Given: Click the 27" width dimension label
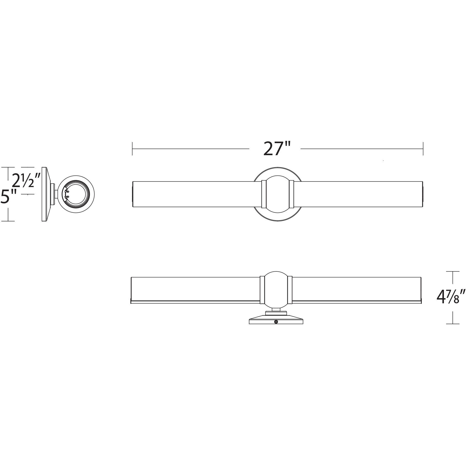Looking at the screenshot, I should tap(277, 149).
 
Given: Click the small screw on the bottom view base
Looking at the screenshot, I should tap(276, 322).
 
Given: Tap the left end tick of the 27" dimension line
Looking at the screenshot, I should tap(132, 149).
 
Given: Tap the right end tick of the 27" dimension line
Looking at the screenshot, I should tap(423, 149).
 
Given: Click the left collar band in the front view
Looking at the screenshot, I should tap(264, 194).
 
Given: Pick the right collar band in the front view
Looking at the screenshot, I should tap(291, 194).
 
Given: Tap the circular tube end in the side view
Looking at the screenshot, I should tap(76, 194).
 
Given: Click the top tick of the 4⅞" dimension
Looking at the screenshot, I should tap(453, 271).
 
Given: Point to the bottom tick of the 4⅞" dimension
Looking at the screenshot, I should tap(453, 324).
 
